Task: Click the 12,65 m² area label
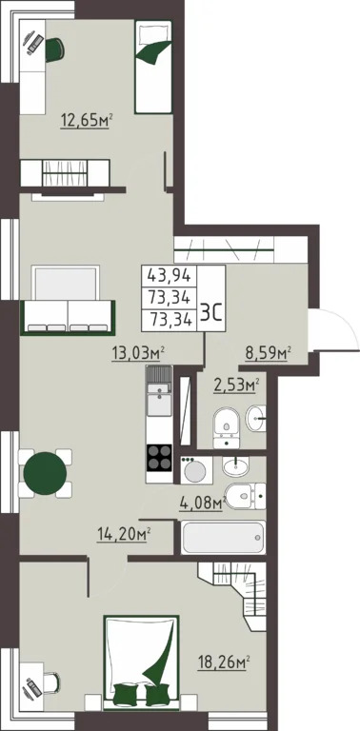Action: click(x=88, y=121)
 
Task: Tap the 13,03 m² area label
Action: click(x=139, y=353)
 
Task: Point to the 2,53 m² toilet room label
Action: click(x=236, y=386)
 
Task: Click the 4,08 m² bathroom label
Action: click(x=203, y=504)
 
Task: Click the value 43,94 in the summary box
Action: click(x=169, y=276)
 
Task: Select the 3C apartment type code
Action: click(x=210, y=310)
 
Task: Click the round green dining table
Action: click(x=45, y=474)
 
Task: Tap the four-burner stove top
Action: click(x=159, y=457)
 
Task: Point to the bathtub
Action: click(x=224, y=538)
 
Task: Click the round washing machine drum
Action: click(x=195, y=472)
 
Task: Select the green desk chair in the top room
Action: click(x=54, y=49)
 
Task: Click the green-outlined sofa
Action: click(x=68, y=318)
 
